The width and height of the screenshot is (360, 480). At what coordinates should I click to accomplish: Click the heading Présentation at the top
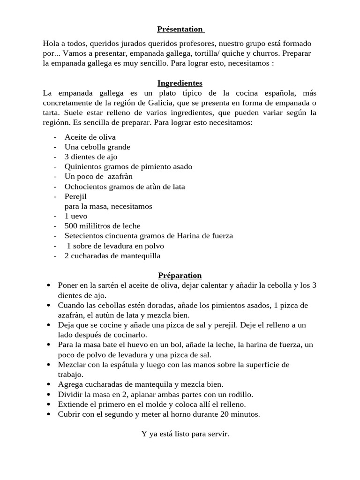(x=180, y=29)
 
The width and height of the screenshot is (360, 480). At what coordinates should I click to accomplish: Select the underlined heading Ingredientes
(x=180, y=83)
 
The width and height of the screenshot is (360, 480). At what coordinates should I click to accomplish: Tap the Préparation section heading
(x=180, y=275)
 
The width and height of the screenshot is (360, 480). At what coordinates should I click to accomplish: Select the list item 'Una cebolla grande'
(x=97, y=147)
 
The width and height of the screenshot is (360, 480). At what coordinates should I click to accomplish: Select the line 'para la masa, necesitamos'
(x=108, y=206)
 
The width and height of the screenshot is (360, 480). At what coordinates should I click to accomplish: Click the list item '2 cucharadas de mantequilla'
(x=112, y=255)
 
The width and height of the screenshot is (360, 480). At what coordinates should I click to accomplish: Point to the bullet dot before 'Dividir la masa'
(x=49, y=394)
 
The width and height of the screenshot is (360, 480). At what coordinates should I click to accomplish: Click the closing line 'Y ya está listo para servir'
(x=185, y=434)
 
